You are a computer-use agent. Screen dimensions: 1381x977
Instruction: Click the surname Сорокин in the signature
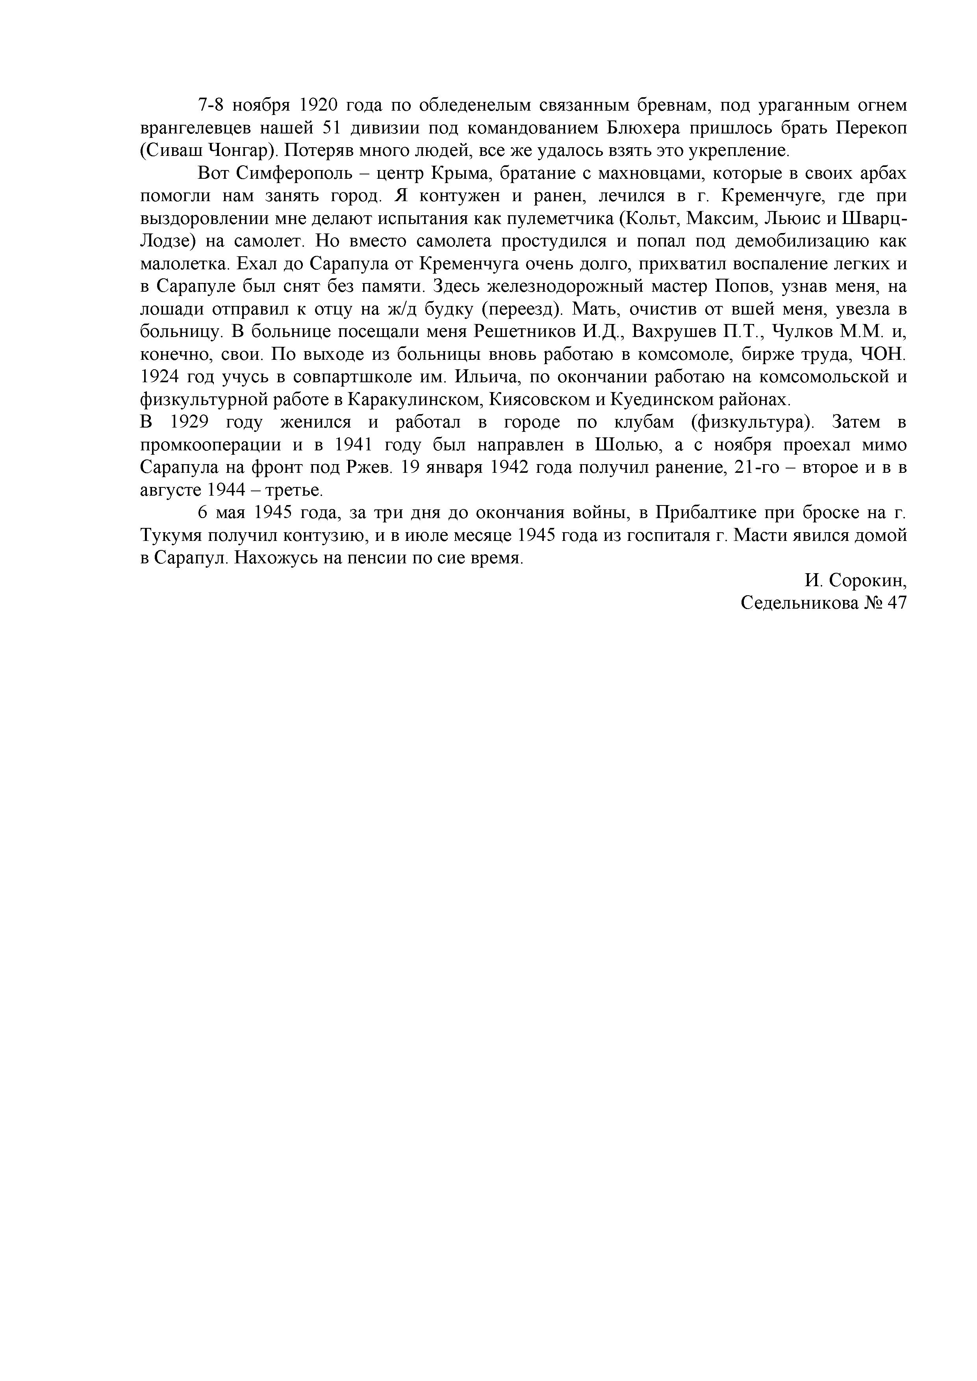(866, 581)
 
